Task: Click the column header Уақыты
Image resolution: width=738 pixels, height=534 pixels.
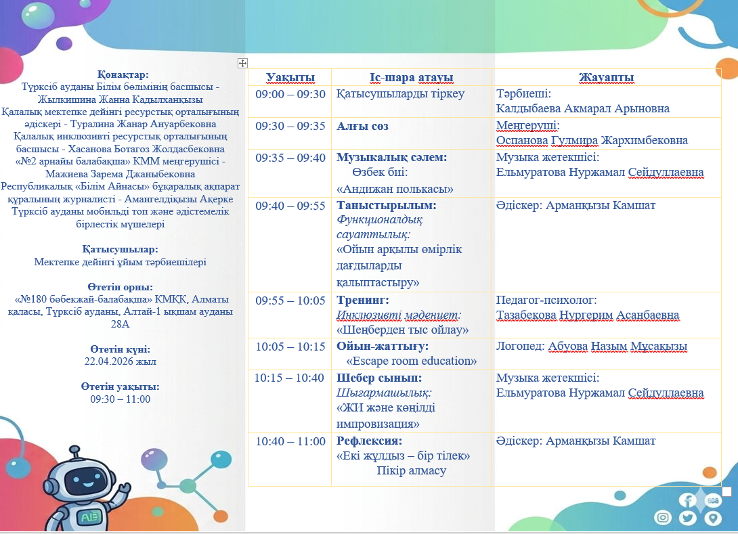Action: coord(290,78)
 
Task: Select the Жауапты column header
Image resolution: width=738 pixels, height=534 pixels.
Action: coord(606,78)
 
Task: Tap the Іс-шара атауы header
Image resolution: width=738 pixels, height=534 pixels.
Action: coord(412,78)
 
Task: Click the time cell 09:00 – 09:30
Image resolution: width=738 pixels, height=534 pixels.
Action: coord(290,94)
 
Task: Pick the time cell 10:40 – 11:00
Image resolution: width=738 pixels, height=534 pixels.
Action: coord(290,441)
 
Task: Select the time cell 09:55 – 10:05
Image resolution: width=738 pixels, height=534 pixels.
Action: coord(290,301)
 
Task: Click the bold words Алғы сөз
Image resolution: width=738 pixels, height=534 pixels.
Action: coord(362,126)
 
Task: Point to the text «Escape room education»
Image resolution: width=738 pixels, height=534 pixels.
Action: coord(412,361)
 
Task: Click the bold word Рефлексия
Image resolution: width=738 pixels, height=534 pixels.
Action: coord(369,441)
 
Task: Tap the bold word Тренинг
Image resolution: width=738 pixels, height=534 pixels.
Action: coord(362,301)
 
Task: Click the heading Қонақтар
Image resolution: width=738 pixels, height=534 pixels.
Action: coord(123,74)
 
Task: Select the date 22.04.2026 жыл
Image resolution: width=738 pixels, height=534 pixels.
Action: coord(120,361)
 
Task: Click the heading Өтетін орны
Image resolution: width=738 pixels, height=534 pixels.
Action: coord(120,287)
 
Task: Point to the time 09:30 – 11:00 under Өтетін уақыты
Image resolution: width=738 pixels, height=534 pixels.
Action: coord(120,399)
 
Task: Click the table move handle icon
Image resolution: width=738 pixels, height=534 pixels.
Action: coord(242,63)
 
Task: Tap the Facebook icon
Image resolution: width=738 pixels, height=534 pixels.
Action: coord(687,500)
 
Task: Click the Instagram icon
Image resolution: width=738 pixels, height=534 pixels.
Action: coord(663,518)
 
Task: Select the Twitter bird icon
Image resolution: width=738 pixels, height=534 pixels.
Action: coord(687,518)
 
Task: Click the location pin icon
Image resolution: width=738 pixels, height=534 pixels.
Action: coord(713,518)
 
